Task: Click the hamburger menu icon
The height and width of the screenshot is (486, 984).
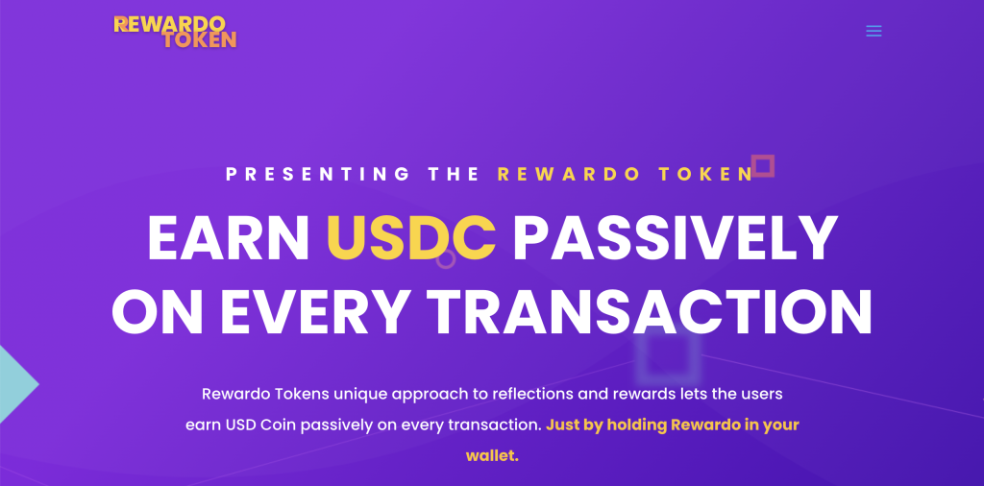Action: coord(873,31)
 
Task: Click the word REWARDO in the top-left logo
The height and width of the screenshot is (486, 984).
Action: coord(169,23)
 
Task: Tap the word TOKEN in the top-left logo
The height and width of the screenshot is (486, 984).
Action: coord(199,40)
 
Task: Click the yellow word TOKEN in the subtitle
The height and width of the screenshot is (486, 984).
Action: coord(708,174)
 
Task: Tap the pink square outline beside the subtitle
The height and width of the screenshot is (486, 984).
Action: coord(763,166)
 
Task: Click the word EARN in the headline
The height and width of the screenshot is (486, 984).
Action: coord(228,238)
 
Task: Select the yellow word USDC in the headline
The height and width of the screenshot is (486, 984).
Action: coord(411,238)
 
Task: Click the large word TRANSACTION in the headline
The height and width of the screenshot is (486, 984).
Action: coord(650,309)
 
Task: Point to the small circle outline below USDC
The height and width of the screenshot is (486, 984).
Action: coord(446,258)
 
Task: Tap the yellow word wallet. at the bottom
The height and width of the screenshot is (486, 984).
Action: coord(492,455)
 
